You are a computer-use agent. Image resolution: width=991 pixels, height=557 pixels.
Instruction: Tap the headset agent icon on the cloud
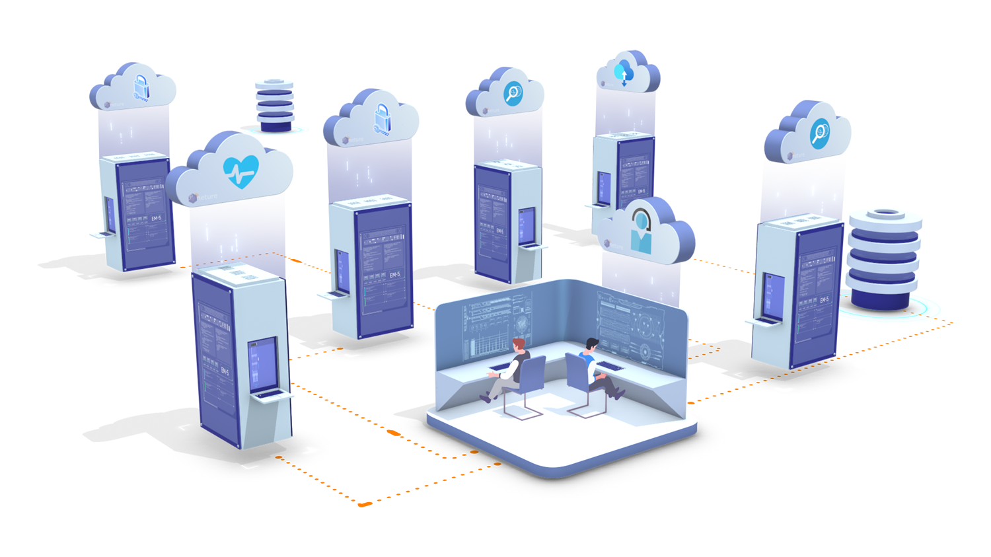tap(641, 232)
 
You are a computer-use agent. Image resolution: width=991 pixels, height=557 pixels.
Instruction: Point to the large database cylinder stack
tap(884, 261)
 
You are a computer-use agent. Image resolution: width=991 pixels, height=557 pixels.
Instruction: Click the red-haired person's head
tap(519, 345)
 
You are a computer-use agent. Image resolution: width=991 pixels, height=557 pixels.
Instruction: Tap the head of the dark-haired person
tap(591, 344)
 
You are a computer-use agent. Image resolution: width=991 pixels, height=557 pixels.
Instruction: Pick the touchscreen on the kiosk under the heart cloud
tap(262, 364)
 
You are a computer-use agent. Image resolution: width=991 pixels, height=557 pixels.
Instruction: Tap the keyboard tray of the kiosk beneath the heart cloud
tap(270, 396)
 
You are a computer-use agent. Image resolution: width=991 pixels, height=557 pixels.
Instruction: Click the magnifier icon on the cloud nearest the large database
tap(820, 134)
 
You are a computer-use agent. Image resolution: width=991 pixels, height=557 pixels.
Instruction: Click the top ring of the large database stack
tap(885, 215)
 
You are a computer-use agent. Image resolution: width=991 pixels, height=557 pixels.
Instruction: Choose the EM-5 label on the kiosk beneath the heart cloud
tap(225, 373)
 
